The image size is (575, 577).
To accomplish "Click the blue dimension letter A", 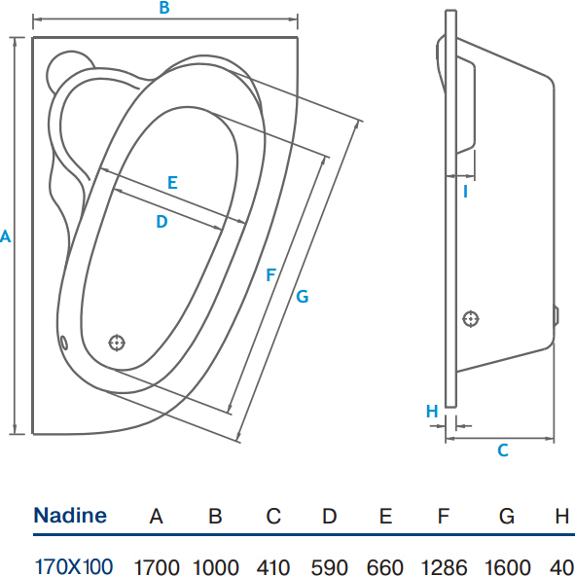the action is (5, 235).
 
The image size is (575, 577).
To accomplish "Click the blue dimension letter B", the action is (164, 8).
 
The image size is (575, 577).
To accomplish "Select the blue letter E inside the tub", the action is (172, 183).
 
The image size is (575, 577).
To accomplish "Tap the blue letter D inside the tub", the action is (162, 222).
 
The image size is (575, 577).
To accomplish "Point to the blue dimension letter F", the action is (270, 275).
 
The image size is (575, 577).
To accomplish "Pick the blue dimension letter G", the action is (303, 296).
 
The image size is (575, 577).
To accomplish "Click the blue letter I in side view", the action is (465, 192).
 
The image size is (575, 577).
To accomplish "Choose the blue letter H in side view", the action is (432, 411).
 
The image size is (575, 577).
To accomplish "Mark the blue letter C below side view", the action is (503, 451).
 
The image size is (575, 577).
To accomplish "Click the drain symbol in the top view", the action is (117, 343).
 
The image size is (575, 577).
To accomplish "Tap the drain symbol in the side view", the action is (471, 319).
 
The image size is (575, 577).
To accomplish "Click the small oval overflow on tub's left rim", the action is (63, 343).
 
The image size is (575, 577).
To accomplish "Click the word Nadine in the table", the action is (70, 515).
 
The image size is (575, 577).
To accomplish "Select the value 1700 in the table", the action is (157, 567).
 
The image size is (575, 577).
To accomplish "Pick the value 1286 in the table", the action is (444, 567).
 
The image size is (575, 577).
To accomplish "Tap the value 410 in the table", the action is (273, 567).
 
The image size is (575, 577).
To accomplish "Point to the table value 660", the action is (385, 567).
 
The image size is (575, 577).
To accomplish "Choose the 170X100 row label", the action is (73, 566).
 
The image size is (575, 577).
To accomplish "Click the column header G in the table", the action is (507, 516).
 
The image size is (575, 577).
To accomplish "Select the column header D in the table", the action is (329, 516).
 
